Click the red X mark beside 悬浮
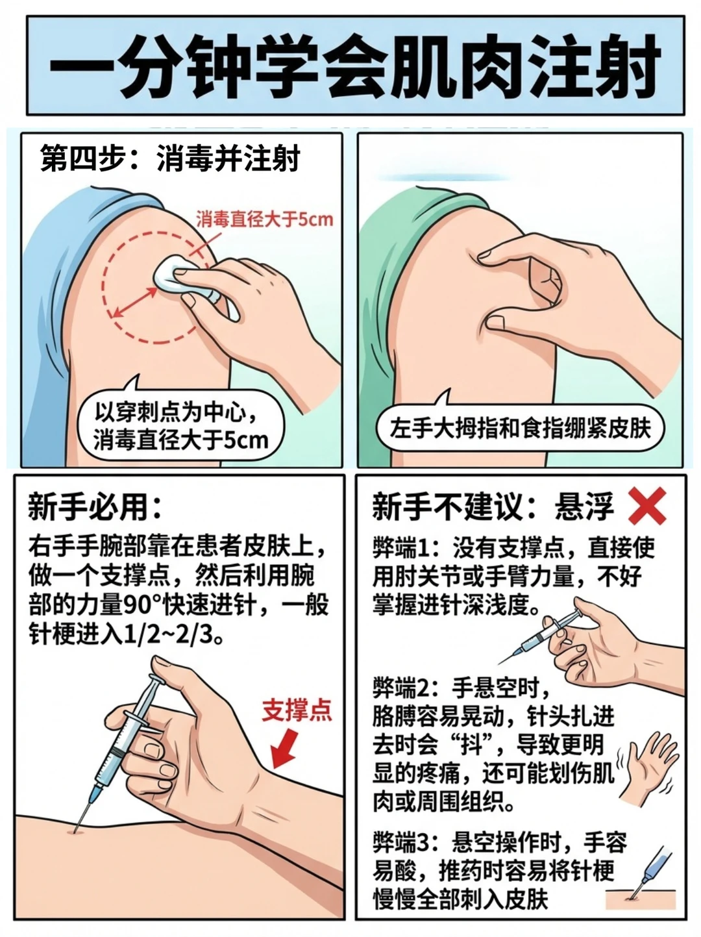point(647,506)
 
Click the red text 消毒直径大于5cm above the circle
point(265,219)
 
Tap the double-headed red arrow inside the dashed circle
point(134,303)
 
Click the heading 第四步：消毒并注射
point(170,158)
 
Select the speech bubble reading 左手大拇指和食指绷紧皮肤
point(520,428)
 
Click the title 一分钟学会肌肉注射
point(356,66)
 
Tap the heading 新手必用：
point(95,508)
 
